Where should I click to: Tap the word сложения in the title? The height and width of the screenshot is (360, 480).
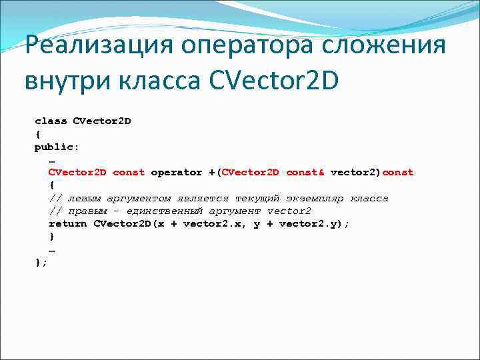(387, 47)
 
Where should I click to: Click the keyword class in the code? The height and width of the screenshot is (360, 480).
(51, 121)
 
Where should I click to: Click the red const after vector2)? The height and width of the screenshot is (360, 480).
(398, 172)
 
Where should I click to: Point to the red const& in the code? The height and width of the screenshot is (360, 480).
(305, 172)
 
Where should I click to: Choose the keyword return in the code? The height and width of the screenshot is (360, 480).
(67, 223)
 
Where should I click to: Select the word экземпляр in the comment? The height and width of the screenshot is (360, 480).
(315, 198)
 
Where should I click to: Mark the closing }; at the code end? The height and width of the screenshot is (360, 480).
(41, 262)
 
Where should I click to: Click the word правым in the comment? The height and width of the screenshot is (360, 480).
(87, 211)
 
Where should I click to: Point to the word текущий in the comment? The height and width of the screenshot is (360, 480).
(257, 198)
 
